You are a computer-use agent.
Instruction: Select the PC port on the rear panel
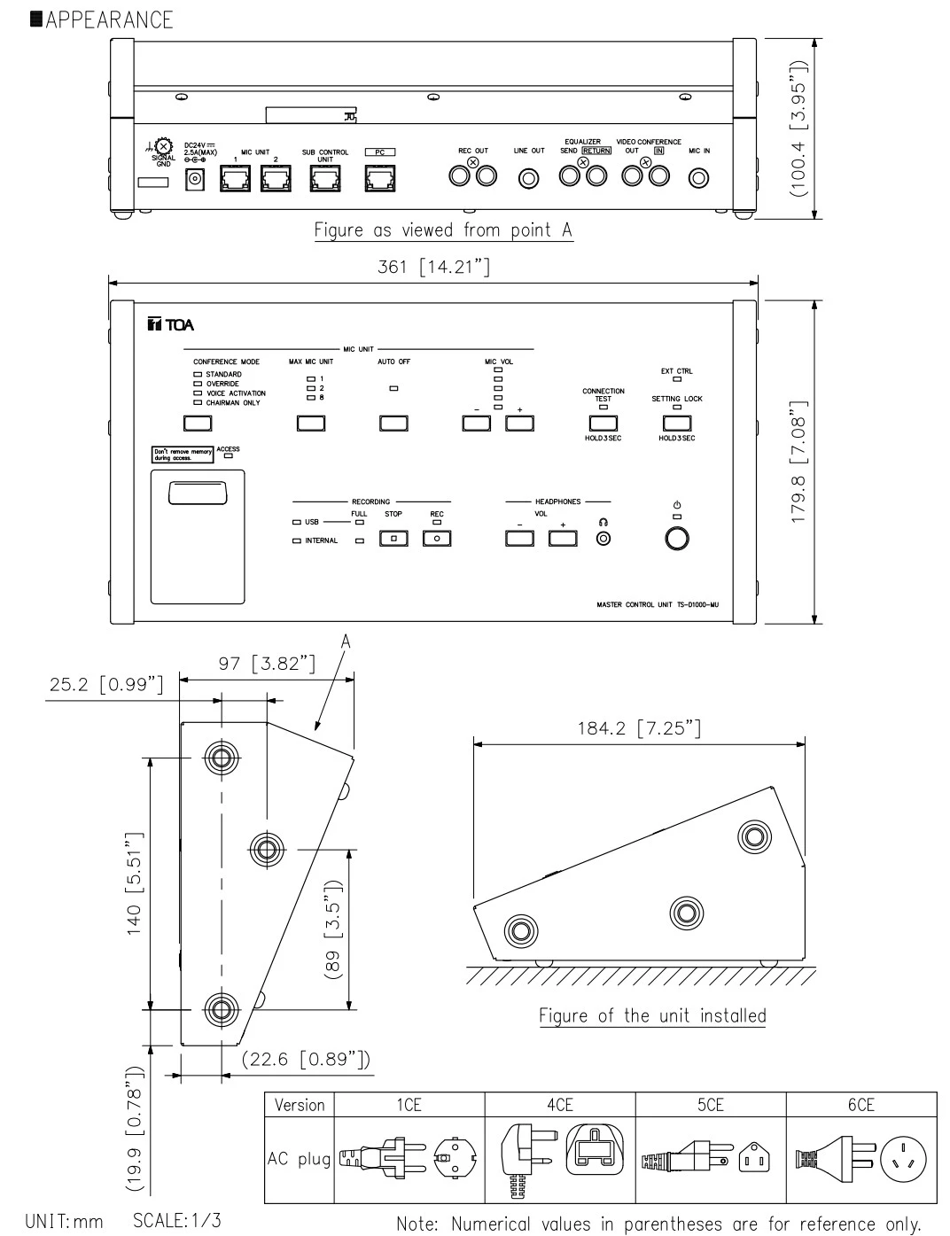coord(379,179)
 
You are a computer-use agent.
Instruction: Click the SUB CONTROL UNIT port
coord(324,179)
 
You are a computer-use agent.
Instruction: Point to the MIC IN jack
coord(699,178)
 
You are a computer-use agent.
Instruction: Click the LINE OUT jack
coord(529,178)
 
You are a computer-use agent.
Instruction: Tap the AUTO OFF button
coord(393,423)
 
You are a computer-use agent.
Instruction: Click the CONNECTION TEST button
coord(603,423)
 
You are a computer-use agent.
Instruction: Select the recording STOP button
coord(393,538)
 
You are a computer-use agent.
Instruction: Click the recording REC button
coord(437,538)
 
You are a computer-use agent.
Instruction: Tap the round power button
coord(678,539)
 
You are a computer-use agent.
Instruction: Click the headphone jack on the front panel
coord(603,538)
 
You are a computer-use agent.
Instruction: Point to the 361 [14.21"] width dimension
coord(433,267)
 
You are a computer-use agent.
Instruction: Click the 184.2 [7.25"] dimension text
coord(639,728)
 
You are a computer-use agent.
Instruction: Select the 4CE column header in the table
coord(559,1105)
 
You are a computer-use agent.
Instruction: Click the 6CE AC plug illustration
coord(860,1158)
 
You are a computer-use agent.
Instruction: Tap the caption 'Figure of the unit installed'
coord(652,1015)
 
